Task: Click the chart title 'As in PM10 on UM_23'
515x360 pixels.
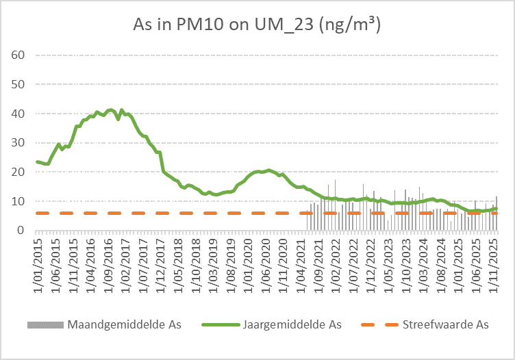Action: coord(257,25)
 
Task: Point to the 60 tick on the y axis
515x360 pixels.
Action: coord(18,55)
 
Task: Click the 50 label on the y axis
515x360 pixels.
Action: coord(18,84)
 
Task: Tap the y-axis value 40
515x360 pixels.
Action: coord(18,114)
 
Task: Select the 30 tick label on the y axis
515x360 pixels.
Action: coord(18,143)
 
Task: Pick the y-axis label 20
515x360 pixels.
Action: coord(18,172)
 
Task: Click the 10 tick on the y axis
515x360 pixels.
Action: coord(18,201)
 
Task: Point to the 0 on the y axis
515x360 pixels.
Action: coord(21,231)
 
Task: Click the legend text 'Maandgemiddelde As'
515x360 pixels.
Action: coord(124,324)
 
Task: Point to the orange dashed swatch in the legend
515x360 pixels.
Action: coord(381,324)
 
